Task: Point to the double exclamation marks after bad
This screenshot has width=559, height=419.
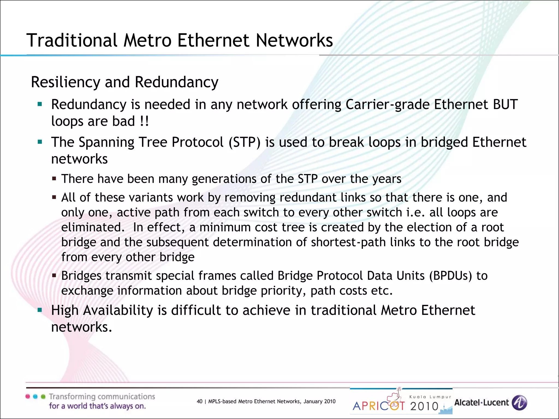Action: pos(144,121)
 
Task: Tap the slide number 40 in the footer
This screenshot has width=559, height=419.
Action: pos(200,401)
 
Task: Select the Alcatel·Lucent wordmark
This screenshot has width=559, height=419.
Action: pos(481,403)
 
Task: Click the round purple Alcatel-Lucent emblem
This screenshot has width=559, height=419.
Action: pos(519,403)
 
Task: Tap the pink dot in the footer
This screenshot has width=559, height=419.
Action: pos(28,396)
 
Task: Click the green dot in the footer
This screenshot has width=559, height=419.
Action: pos(43,396)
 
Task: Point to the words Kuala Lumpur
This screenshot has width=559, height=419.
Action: pos(430,397)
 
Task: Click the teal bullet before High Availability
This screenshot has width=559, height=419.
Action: pos(40,310)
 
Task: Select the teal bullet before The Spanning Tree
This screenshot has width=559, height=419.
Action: pos(40,142)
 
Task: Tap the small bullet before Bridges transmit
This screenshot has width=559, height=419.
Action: pos(54,276)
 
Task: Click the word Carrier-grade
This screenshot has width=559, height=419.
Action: pos(388,104)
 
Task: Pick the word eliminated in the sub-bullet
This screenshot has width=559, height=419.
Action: pos(92,228)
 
